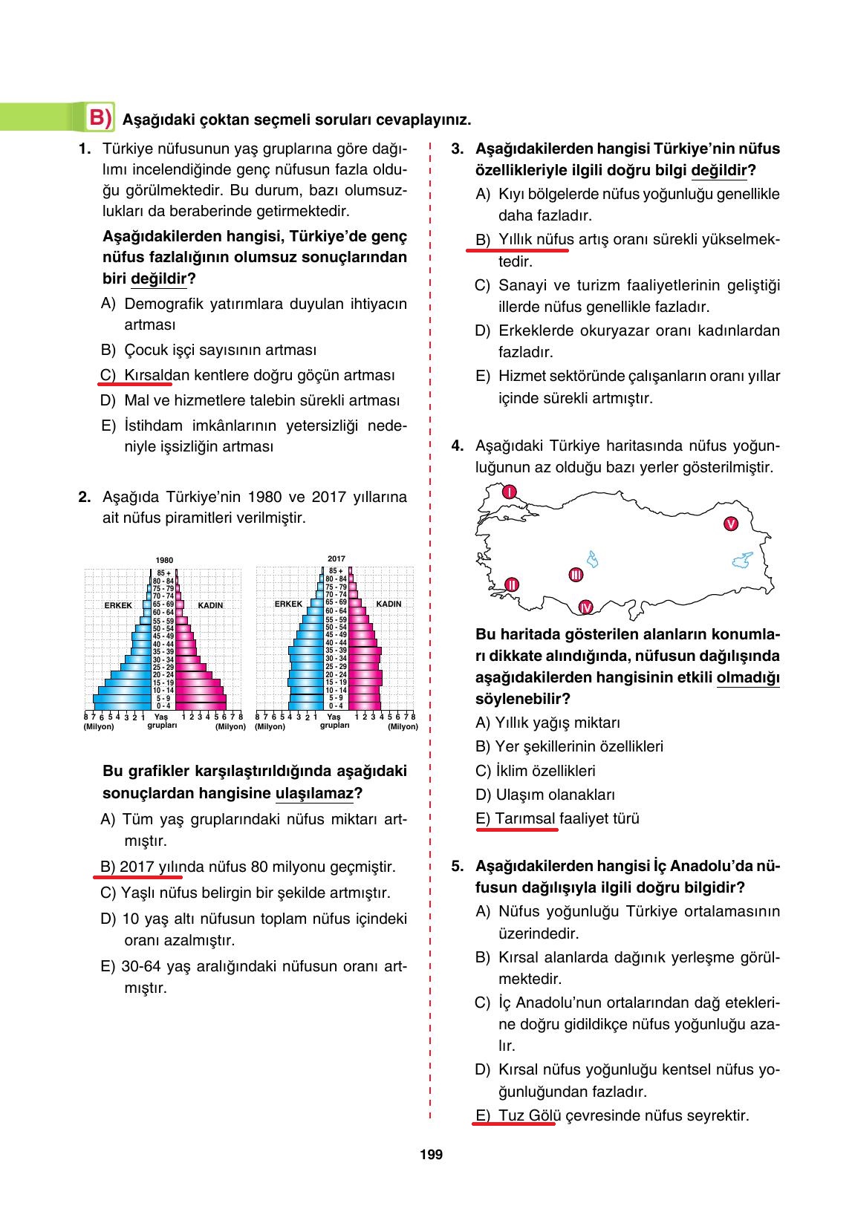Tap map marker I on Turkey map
[x=509, y=492]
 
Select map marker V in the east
[x=730, y=524]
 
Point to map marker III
[x=575, y=575]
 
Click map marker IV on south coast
[x=585, y=607]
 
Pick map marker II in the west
[x=510, y=584]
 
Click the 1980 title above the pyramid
[x=164, y=560]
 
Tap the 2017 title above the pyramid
[x=336, y=558]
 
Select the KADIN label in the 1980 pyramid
[x=210, y=605]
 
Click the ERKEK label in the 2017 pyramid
[x=288, y=604]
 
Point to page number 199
[x=431, y=1155]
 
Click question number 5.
[x=457, y=866]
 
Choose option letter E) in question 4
[x=483, y=818]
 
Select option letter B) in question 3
[x=483, y=240]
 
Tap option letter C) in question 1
[x=108, y=375]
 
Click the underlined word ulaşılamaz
[x=314, y=793]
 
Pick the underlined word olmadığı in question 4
[x=748, y=677]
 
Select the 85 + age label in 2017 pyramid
[x=337, y=571]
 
